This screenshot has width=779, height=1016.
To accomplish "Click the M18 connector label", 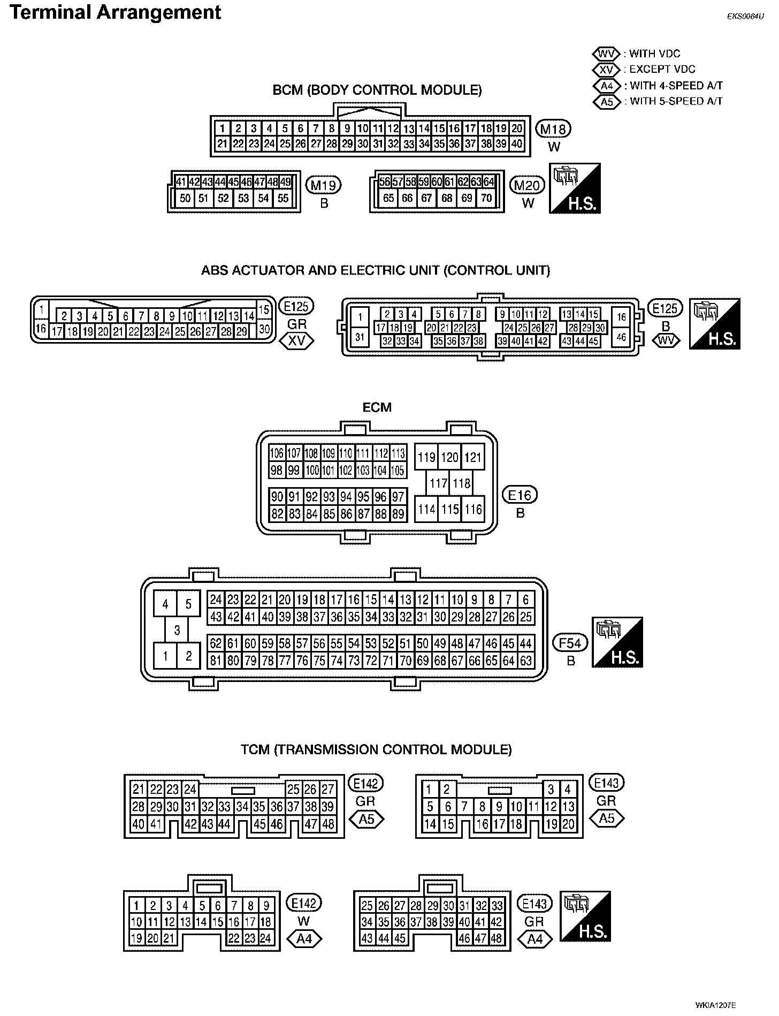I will (554, 128).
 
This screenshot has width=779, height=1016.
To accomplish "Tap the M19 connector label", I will (323, 185).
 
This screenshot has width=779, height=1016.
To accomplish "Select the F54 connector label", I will (570, 642).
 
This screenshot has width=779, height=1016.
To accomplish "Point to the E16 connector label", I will (520, 495).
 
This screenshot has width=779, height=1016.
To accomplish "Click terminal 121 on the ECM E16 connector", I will (473, 457).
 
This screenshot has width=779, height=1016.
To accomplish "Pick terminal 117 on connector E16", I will (438, 483).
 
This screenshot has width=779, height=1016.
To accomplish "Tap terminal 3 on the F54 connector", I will (177, 630).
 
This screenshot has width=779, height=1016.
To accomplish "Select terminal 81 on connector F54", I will (216, 661).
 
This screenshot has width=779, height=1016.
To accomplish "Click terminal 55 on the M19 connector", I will (283, 198).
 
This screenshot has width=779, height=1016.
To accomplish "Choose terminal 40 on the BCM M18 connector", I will (517, 143).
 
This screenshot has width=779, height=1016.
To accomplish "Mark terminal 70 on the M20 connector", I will (486, 198).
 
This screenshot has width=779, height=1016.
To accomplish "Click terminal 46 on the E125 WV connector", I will (621, 337).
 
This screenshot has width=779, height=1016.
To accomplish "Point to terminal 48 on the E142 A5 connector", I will (328, 824).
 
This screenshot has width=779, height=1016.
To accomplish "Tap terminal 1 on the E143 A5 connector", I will (430, 788).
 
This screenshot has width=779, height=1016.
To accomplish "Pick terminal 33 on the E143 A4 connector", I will (497, 905).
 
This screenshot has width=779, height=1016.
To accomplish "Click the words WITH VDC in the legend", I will (654, 54).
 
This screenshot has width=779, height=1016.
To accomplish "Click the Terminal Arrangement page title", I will (115, 12).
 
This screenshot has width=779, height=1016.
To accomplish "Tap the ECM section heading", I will (377, 407).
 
